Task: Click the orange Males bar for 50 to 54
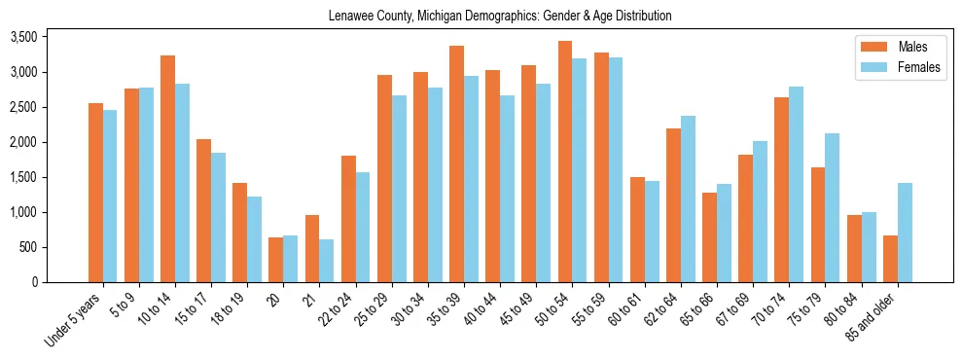[564, 162]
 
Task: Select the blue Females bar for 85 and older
[905, 233]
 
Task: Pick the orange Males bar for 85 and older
[890, 259]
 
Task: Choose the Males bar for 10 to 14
[168, 168]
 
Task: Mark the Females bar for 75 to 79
[833, 207]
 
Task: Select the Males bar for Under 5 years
[95, 193]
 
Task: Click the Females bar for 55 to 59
[616, 169]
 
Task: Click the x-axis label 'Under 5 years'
[73, 321]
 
